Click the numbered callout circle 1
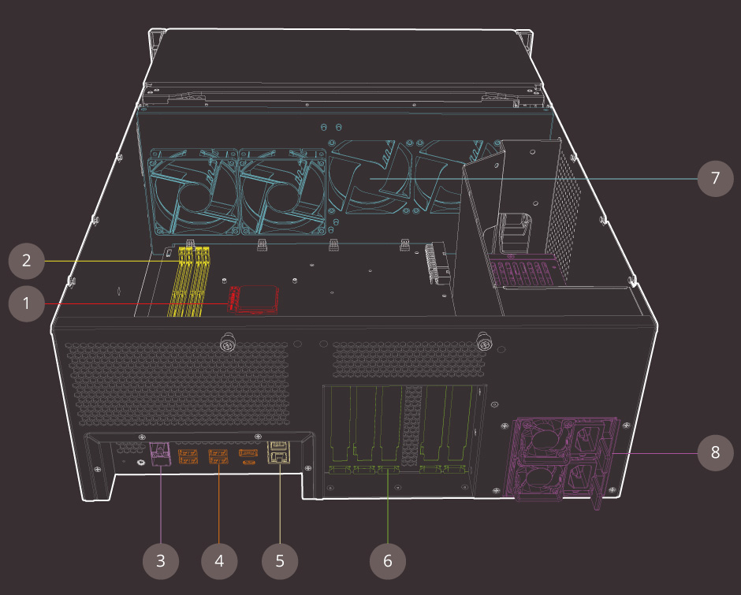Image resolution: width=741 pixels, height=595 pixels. pyautogui.click(x=27, y=303)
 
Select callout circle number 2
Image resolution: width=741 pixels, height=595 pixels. pyautogui.click(x=27, y=261)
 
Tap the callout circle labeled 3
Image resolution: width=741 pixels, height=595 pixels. pyautogui.click(x=161, y=561)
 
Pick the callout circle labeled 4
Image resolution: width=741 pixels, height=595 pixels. pyautogui.click(x=219, y=561)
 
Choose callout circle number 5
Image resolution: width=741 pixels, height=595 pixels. pyautogui.click(x=280, y=561)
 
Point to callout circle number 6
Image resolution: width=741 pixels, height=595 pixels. pyautogui.click(x=388, y=561)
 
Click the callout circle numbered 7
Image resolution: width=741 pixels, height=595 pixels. pyautogui.click(x=716, y=178)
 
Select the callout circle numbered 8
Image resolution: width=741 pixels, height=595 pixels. pyautogui.click(x=716, y=452)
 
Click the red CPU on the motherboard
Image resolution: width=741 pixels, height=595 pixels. pyautogui.click(x=253, y=299)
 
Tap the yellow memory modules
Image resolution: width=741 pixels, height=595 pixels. pyautogui.click(x=189, y=281)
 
